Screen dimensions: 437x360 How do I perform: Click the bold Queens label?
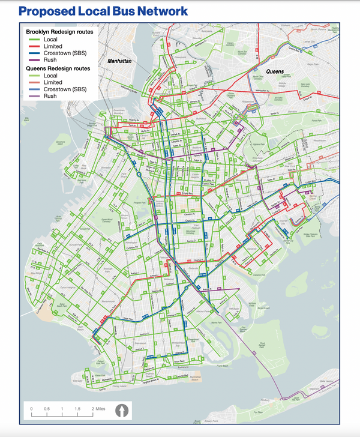pyautogui.click(x=275, y=71)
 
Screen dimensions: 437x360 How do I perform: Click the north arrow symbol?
pyautogui.click(x=122, y=411)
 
